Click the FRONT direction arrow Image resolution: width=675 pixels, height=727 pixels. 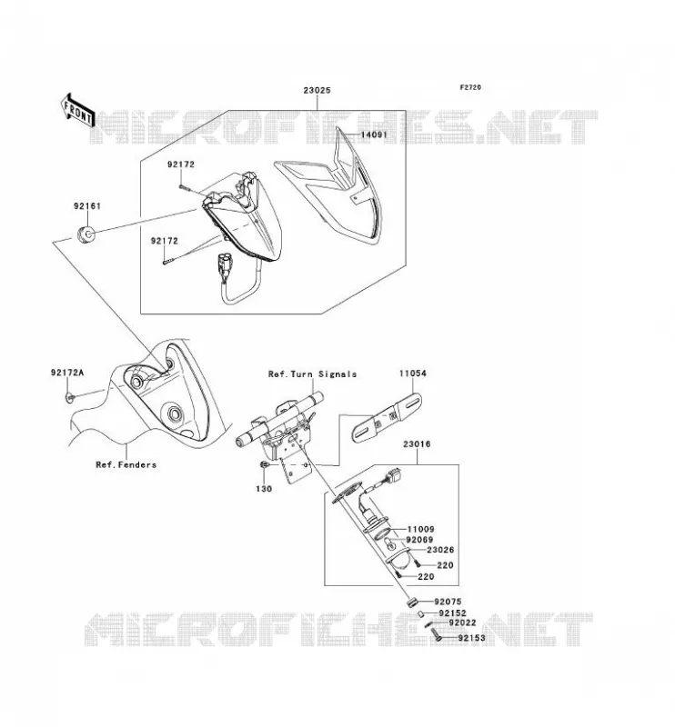pos(77,111)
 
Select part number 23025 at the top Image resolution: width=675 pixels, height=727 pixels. pos(317,90)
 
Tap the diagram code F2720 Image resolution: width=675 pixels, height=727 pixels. pos(470,87)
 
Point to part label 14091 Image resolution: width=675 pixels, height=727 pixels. pos(374,134)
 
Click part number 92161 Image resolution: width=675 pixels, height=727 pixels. pos(87,206)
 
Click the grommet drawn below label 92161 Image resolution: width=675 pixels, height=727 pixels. pos(86,234)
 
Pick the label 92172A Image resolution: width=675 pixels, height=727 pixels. pos(67,373)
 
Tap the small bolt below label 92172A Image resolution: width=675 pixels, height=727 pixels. pos(70,396)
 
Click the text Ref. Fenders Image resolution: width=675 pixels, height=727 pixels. pos(126,464)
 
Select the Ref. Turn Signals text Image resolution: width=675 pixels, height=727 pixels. pos(312,373)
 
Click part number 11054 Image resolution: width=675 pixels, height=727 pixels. pos(413,373)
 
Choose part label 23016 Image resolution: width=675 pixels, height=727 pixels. pos(417,443)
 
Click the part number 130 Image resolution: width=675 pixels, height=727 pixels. pos(264,489)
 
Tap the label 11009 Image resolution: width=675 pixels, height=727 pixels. pos(420,529)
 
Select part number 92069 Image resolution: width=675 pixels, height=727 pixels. pos(419,540)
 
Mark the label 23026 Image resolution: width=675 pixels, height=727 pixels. pos(440,550)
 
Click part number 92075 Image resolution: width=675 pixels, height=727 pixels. pos(448,602)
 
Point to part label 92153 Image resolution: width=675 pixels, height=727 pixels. pos(471,638)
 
